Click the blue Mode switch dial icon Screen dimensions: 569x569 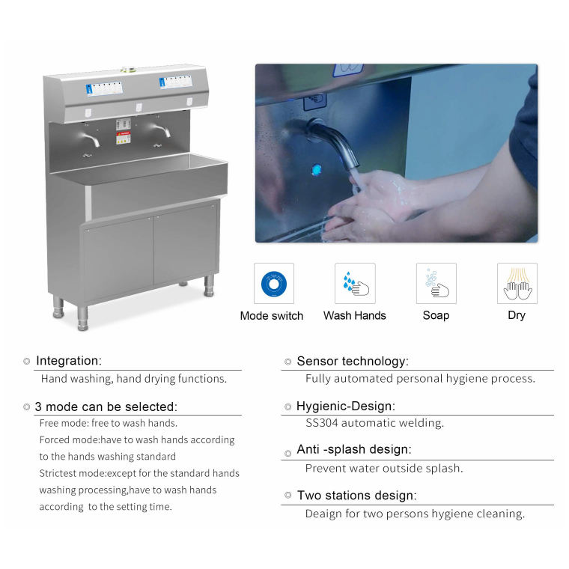click(x=273, y=284)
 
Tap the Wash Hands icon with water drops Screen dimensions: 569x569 click(x=355, y=284)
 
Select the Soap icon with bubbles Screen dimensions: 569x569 click(x=436, y=284)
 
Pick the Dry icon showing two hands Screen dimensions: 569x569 click(x=517, y=284)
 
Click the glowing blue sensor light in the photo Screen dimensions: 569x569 click(x=316, y=169)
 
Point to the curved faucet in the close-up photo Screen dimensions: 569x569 click(x=332, y=143)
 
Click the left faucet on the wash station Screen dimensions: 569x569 click(x=91, y=139)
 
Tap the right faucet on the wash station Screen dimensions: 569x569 click(x=161, y=130)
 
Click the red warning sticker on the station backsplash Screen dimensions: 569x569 click(x=123, y=138)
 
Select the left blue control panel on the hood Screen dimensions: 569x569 click(x=104, y=88)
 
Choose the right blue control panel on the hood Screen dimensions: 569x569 click(x=176, y=82)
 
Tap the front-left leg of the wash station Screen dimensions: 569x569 click(x=83, y=319)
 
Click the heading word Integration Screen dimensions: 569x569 click(x=69, y=361)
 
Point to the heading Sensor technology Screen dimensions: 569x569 click(x=353, y=361)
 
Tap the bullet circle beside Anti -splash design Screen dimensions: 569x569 click(x=288, y=453)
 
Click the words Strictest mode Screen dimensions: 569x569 click(x=73, y=473)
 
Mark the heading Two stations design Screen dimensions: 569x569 click(x=357, y=496)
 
